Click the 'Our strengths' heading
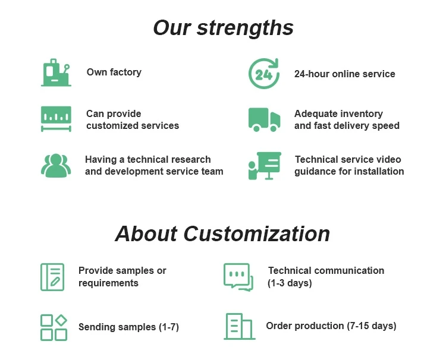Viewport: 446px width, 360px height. pyautogui.click(x=223, y=28)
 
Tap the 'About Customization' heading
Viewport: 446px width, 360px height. pyautogui.click(x=222, y=233)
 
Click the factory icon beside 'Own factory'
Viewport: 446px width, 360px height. pyautogui.click(x=56, y=72)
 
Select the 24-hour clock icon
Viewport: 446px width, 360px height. pyautogui.click(x=263, y=74)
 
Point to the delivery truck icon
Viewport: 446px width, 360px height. pyautogui.click(x=263, y=119)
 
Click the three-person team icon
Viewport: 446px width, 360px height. pyautogui.click(x=56, y=166)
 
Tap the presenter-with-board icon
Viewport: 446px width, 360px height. pyautogui.click(x=263, y=166)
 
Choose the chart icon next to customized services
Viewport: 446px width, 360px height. pyautogui.click(x=56, y=119)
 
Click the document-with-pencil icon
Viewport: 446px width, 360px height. pyautogui.click(x=52, y=277)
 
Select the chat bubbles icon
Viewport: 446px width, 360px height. pyautogui.click(x=238, y=277)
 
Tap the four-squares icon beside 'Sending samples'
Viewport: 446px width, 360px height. pyautogui.click(x=54, y=327)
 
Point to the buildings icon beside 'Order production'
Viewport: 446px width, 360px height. pyautogui.click(x=239, y=326)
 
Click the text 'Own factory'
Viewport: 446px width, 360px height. pyautogui.click(x=114, y=72)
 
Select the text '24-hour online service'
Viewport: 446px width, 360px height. pyautogui.click(x=344, y=74)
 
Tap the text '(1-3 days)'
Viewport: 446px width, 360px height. pyautogui.click(x=290, y=283)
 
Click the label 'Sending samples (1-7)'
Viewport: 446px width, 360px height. pyautogui.click(x=128, y=327)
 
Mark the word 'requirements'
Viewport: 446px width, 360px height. pyautogui.click(x=108, y=283)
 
